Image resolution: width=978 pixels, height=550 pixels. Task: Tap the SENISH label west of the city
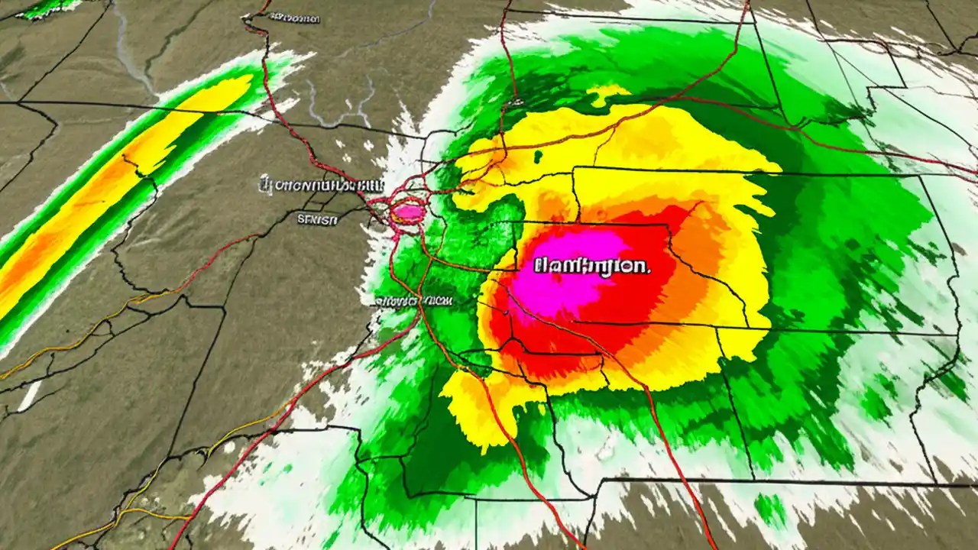coord(316,220)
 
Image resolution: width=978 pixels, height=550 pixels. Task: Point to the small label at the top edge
coord(293,17)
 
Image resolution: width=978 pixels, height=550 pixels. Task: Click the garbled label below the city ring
coord(413,301)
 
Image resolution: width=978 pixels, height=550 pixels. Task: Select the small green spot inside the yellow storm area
coord(538,157)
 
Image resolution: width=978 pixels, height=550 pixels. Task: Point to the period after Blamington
coord(649,270)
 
